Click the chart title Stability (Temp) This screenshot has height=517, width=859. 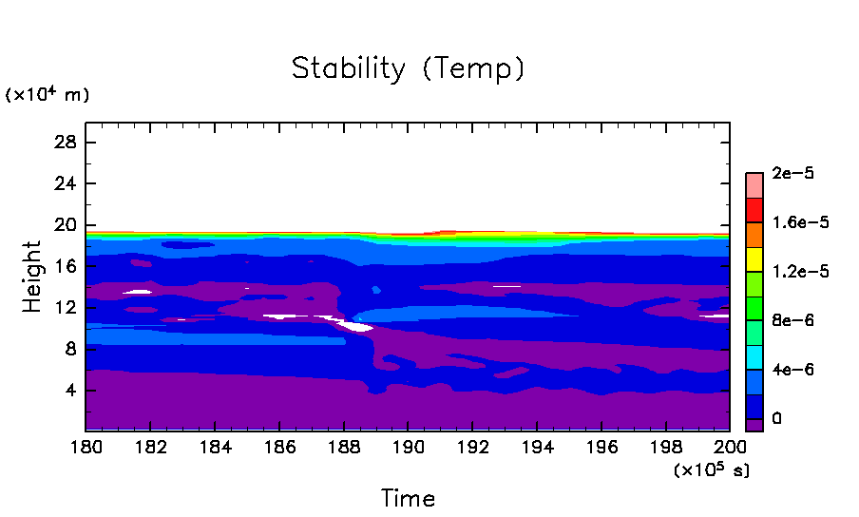click(408, 69)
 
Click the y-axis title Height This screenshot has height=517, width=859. click(33, 277)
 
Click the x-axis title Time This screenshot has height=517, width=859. click(408, 498)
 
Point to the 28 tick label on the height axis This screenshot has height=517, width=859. click(67, 143)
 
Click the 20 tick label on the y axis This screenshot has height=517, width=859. click(67, 225)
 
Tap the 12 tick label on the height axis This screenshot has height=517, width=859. click(67, 308)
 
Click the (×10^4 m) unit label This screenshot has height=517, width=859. click(48, 94)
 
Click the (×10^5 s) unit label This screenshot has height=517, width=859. click(711, 469)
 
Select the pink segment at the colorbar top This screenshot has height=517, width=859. click(754, 184)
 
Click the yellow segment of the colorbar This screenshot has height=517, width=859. click(754, 258)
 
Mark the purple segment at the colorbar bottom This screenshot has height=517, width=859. click(754, 425)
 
